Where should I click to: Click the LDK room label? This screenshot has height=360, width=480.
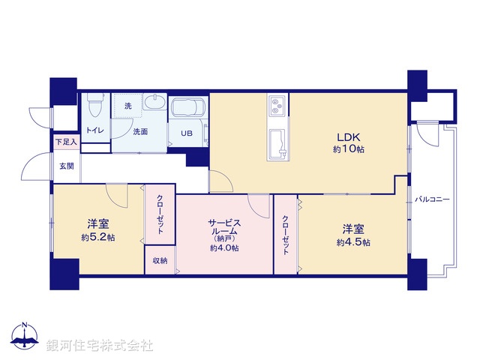(349, 137)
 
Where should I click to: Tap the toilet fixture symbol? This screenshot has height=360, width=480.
(94, 107)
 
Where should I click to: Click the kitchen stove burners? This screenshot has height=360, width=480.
(276, 107)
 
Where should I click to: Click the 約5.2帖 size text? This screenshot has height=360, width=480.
(98, 238)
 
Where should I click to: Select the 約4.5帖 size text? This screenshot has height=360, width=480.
(352, 242)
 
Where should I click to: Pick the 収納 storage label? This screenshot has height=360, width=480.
(160, 260)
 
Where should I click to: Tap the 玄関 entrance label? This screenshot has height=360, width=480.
(67, 166)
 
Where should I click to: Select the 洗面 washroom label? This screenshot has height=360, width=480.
(140, 132)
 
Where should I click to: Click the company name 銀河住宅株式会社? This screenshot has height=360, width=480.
(100, 346)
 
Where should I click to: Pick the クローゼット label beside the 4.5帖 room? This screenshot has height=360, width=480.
(286, 235)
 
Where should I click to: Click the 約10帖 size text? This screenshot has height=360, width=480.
(349, 150)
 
